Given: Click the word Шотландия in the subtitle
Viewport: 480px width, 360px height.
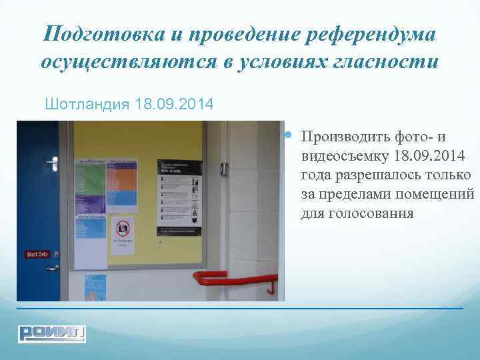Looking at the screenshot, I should [x=87, y=105].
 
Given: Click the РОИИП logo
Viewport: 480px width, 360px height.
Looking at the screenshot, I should [x=51, y=331].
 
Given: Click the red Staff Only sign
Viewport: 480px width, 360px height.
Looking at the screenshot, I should [x=37, y=254].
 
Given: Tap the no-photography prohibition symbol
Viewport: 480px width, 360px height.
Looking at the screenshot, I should [x=122, y=229].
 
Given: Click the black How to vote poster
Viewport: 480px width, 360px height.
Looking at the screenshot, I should [x=179, y=197].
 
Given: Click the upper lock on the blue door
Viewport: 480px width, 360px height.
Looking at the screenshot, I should [x=51, y=161].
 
